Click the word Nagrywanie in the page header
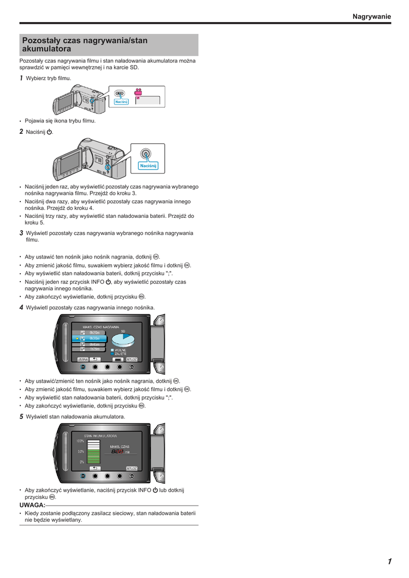click(371, 17)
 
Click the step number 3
click(21, 233)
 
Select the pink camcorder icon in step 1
click(138, 92)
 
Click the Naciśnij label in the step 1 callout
click(121, 102)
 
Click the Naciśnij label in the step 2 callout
click(148, 165)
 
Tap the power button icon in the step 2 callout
click(146, 154)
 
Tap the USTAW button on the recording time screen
click(82, 359)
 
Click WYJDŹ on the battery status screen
click(132, 468)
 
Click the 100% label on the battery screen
click(80, 441)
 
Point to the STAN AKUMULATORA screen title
click(100, 436)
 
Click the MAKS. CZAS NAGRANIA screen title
click(100, 327)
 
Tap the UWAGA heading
click(32, 505)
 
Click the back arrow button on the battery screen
click(95, 468)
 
